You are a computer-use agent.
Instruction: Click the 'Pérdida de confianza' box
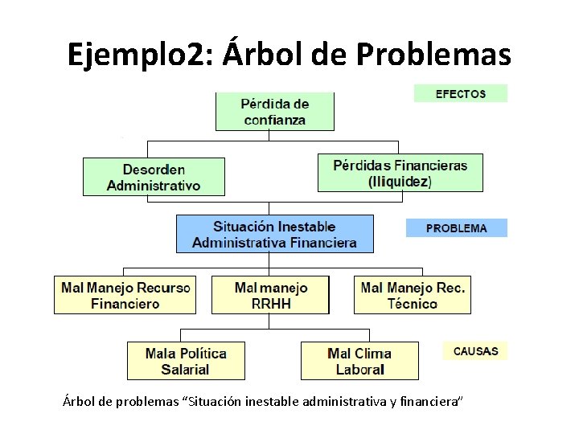point(274,112)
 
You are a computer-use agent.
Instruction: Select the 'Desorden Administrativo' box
point(154,177)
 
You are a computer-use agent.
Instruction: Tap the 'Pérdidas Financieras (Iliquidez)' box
point(400,173)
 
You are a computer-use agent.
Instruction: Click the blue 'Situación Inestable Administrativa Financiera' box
point(274,234)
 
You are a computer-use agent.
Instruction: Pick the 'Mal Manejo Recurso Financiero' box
point(125,295)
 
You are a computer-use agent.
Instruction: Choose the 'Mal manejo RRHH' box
point(271,295)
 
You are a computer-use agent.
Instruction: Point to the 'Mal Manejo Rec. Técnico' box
point(412,295)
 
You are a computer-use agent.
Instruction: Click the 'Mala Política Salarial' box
point(185,361)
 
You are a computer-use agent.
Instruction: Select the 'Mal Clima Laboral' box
point(359,361)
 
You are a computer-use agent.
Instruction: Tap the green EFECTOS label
point(461,93)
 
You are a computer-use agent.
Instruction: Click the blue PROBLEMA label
point(456,228)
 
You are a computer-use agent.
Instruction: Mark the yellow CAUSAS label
point(475,351)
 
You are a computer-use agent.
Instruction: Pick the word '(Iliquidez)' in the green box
point(400,182)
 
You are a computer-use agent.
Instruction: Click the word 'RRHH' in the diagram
point(271,304)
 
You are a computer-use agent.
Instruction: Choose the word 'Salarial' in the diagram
point(185,370)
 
